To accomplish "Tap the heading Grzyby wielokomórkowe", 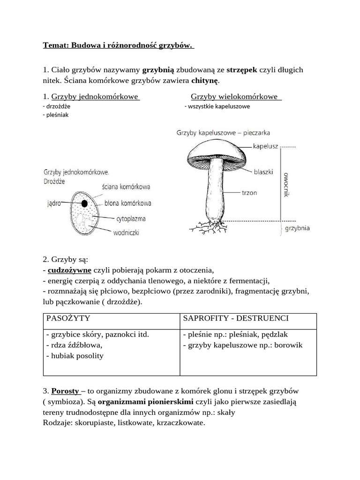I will click(236, 97).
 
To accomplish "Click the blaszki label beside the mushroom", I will click(264, 172).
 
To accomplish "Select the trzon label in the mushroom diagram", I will click(249, 193).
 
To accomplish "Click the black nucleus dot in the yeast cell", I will click(84, 203).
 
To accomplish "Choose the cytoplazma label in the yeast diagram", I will click(131, 218).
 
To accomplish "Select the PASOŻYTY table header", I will click(68, 319).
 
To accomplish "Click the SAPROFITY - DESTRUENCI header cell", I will click(236, 319).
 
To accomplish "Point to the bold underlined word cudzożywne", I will click(69, 270).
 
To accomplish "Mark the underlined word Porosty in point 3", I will click(65, 390).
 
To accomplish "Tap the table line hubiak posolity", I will click(75, 356).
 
